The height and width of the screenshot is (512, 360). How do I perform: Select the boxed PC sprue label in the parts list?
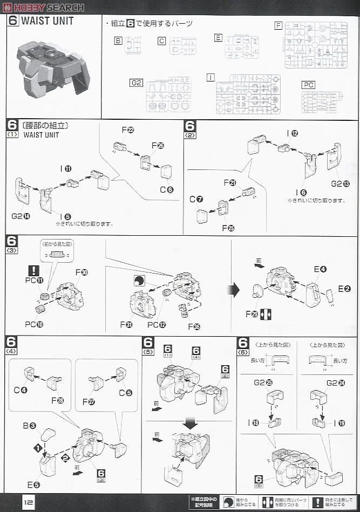(x=308, y=85)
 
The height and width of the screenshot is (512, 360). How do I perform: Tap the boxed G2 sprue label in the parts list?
(x=136, y=83)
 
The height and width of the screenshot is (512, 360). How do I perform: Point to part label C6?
(x=167, y=189)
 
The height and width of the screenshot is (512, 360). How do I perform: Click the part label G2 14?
(x=19, y=216)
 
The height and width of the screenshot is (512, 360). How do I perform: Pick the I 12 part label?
(x=293, y=133)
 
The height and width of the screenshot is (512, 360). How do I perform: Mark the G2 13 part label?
(x=341, y=184)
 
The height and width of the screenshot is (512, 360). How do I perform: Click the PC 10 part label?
(x=34, y=324)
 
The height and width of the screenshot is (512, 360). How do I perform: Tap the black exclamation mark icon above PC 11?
(x=34, y=270)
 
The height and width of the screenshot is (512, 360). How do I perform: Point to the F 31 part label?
(x=126, y=324)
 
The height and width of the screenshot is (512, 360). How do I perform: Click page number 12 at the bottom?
(x=28, y=501)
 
